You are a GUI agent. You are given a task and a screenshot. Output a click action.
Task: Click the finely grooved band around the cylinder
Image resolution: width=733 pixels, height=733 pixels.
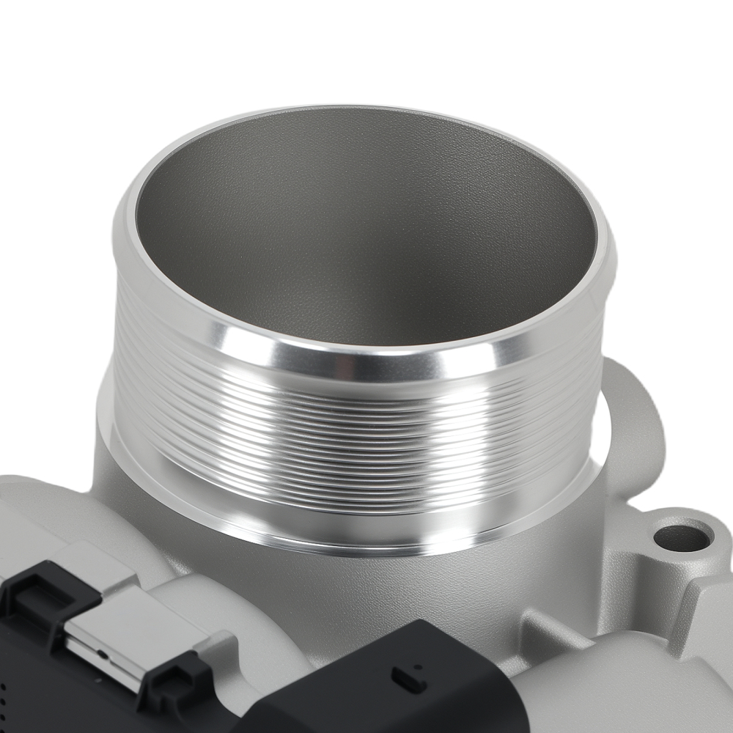(352, 425)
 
